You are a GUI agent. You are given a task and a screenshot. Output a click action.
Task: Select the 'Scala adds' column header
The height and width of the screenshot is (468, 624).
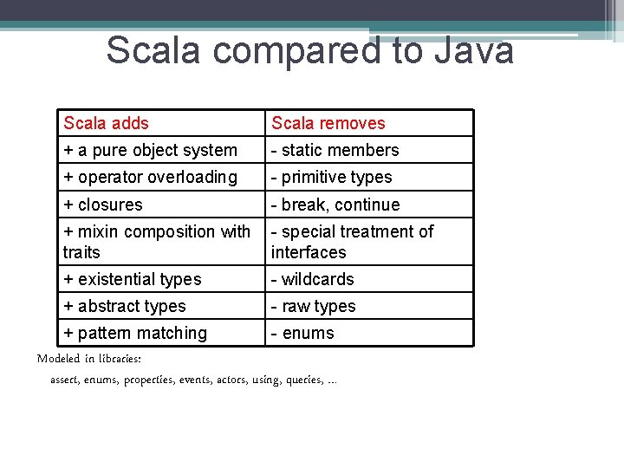click(106, 123)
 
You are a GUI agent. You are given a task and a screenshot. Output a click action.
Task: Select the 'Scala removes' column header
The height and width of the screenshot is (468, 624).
click(328, 123)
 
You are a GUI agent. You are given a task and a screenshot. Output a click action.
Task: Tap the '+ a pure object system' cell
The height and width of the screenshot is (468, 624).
click(150, 150)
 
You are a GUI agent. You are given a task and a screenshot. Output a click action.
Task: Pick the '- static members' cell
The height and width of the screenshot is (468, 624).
click(335, 150)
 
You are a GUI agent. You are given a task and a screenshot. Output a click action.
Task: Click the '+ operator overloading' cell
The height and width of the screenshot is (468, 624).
click(150, 177)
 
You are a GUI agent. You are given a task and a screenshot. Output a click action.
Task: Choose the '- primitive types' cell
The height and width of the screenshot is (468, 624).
click(331, 177)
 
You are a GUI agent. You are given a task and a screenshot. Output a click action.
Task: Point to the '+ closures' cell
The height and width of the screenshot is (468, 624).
click(103, 205)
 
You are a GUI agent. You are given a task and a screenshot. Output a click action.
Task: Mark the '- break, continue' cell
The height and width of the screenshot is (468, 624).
click(335, 205)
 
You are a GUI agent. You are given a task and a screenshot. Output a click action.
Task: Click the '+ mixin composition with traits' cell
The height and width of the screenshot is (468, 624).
click(157, 242)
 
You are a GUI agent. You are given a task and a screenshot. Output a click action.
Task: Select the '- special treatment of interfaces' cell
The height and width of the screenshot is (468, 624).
click(352, 242)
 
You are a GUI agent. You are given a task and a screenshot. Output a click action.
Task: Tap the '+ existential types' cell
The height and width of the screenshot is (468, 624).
click(132, 279)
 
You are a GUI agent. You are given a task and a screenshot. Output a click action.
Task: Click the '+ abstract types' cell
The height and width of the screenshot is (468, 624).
click(124, 306)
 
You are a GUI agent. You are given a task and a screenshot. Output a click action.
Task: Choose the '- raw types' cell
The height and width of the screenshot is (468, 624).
click(313, 306)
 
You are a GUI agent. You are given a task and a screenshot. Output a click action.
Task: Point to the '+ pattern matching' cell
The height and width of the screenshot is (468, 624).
click(135, 333)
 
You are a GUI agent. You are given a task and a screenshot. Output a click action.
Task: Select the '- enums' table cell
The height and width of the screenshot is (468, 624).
click(302, 333)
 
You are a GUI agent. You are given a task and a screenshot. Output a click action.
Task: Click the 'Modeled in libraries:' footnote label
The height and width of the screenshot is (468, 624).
click(89, 359)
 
